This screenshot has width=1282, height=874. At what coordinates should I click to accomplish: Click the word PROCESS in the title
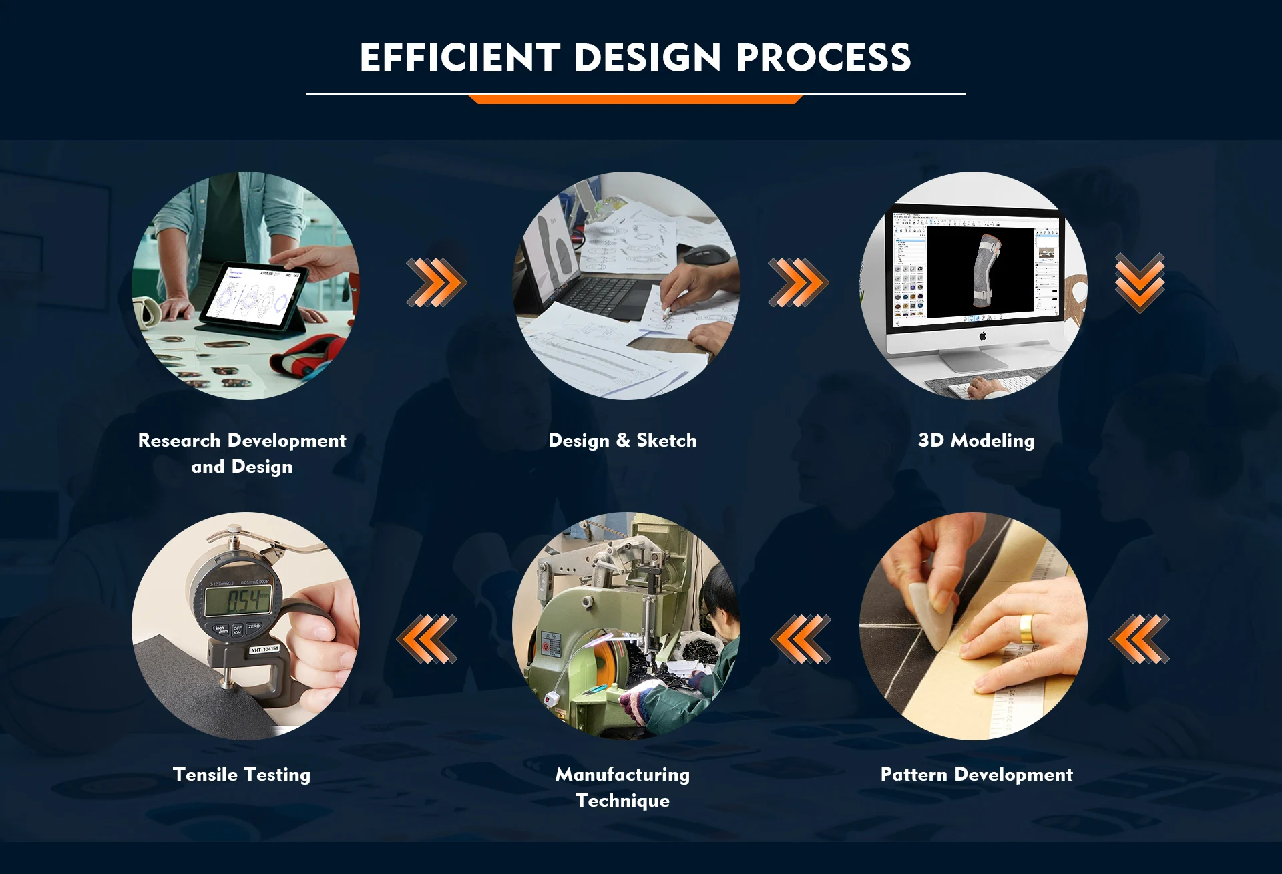coord(823,57)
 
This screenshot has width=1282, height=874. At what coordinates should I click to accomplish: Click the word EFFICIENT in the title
coord(460,57)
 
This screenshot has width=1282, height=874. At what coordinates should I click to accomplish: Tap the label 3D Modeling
coord(976,441)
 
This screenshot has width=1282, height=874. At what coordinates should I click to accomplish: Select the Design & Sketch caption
coord(622,441)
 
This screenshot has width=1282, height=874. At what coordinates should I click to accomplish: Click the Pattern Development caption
coord(976,775)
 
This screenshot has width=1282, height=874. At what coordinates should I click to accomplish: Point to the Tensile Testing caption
coord(242,775)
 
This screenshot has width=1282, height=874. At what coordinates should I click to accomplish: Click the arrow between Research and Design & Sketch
coord(437,282)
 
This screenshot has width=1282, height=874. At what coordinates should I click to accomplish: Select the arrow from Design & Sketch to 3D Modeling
coord(798,282)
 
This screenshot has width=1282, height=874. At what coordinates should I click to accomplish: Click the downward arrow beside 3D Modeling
coord(1140,282)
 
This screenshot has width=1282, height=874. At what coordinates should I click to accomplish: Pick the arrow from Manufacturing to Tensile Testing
coord(427,639)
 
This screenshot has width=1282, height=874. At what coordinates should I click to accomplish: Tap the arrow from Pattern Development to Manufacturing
coord(801,639)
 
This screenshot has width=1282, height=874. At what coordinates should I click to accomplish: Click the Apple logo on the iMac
coord(982,336)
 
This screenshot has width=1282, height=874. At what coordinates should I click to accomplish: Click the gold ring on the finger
coord(1026,629)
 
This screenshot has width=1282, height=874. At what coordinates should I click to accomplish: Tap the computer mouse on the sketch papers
coord(701,254)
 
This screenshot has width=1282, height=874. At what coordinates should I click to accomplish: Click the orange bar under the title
coord(635,99)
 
